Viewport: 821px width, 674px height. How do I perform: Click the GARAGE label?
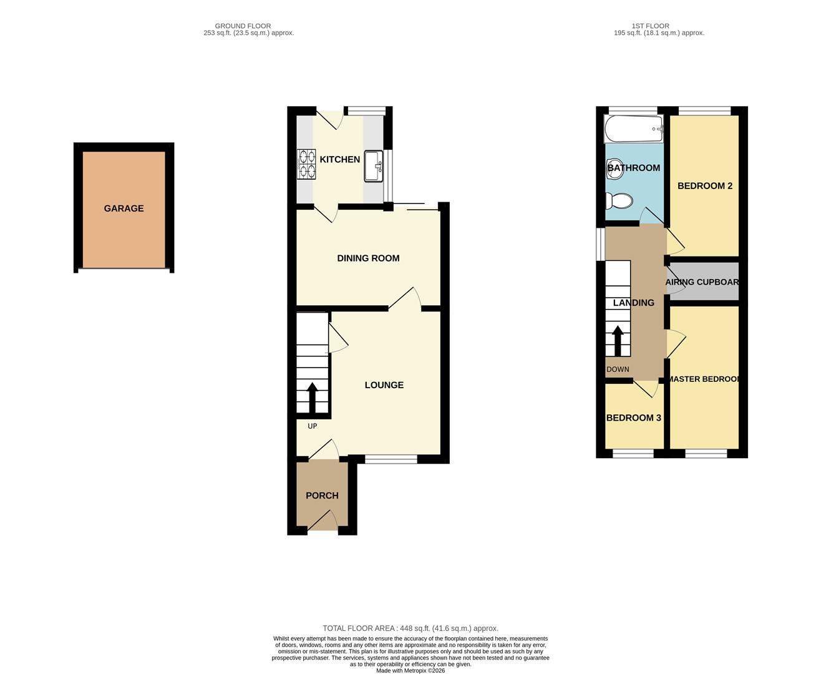(124, 208)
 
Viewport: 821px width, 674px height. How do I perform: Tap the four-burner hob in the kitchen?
(306, 164)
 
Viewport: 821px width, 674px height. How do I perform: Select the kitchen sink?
(373, 166)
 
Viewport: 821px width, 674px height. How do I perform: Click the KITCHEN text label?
(339, 159)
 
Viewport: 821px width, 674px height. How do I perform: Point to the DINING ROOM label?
(368, 258)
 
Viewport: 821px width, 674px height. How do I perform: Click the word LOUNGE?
(384, 385)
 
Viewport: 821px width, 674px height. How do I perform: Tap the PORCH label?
(322, 496)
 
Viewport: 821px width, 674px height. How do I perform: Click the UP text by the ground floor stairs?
(312, 426)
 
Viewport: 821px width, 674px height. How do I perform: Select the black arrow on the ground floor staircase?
(312, 398)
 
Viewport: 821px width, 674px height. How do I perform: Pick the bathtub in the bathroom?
(633, 129)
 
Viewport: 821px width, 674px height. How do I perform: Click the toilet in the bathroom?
(619, 202)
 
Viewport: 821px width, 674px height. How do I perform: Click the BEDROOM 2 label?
(704, 186)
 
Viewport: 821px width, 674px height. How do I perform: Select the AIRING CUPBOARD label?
(702, 282)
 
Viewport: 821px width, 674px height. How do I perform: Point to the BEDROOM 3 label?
(633, 418)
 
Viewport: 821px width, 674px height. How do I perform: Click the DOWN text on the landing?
(618, 369)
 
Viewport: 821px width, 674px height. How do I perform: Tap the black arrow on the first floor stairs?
(618, 341)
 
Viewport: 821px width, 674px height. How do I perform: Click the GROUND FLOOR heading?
(243, 26)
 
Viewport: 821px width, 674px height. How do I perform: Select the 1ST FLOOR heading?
(651, 26)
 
